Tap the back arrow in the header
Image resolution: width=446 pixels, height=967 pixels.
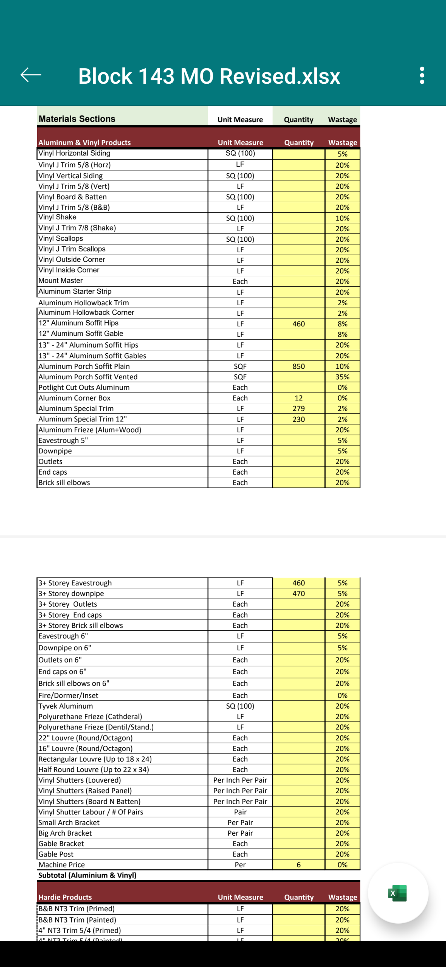pos(31,75)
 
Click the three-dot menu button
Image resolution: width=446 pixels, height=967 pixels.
pos(422,75)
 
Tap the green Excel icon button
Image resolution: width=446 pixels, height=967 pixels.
pos(398,893)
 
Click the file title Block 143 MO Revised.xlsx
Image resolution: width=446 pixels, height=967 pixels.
pos(209,76)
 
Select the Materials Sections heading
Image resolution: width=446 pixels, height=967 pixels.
pos(77,119)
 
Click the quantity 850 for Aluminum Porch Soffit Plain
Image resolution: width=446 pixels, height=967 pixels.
pos(298,366)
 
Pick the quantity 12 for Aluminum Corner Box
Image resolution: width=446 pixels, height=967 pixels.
pos(298,398)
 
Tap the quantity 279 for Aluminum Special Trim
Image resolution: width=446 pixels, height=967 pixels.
pos(298,408)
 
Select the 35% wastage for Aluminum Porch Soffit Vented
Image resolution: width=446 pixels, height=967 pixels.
pos(342,377)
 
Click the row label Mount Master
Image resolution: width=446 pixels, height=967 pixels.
pos(61,280)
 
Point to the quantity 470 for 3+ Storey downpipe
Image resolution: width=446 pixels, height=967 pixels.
pos(298,594)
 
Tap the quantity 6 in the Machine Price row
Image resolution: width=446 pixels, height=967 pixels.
pos(298,865)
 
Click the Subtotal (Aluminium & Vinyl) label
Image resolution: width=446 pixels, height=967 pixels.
pos(87,875)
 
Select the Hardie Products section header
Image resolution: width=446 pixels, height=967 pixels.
pos(65,897)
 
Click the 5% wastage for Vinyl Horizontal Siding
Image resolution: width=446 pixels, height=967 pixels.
pos(342,154)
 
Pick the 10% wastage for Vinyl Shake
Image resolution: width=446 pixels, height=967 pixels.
pos(342,218)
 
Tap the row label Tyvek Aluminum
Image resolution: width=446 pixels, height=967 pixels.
pos(66,706)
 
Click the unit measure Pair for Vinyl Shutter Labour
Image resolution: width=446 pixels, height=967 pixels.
pos(240,812)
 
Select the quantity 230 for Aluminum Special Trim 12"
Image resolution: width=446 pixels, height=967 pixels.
pos(298,419)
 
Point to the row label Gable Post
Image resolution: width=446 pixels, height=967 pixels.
pos(56,854)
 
